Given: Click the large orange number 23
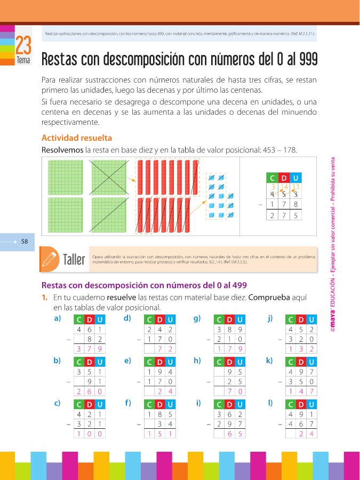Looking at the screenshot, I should click(x=23, y=44).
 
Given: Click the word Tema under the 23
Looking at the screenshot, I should click(x=23, y=60).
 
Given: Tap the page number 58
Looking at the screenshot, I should click(x=24, y=242).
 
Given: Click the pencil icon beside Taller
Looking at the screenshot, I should click(x=50, y=259).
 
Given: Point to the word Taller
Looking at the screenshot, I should click(x=74, y=260).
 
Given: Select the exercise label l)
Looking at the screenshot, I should click(x=270, y=403).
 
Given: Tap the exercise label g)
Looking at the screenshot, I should click(x=197, y=319).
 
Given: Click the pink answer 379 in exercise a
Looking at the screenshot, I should click(x=90, y=349).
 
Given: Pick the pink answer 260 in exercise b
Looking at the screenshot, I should click(x=90, y=391).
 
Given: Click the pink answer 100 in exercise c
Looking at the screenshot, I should click(x=90, y=434).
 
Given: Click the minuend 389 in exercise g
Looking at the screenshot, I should click(x=229, y=329).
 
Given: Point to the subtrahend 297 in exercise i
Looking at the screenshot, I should click(x=229, y=423).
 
